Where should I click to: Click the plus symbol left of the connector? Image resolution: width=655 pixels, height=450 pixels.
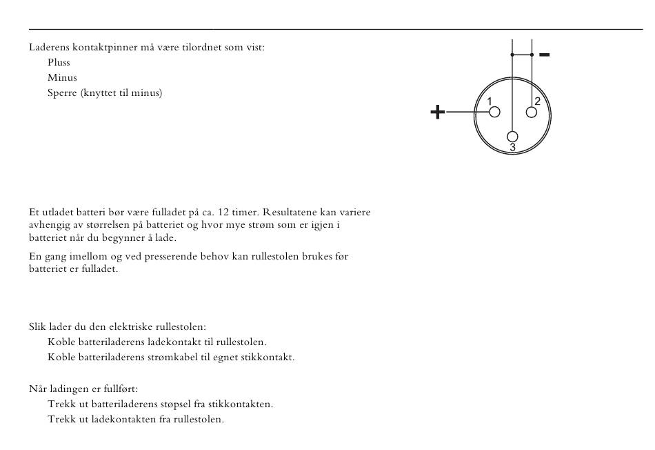437,112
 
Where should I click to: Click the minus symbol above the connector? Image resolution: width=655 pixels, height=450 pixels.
544,55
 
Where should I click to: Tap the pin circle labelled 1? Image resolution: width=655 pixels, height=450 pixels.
494,112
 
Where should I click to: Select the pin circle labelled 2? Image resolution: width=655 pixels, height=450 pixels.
532,112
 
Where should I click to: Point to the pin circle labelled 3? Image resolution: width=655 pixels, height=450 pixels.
512,137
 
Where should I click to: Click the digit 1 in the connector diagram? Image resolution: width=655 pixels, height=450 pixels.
490,101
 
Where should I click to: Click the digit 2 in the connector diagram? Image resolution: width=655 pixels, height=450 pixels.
538,101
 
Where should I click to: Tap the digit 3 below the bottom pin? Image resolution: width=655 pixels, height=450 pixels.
512,148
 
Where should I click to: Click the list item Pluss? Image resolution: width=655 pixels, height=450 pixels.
59,63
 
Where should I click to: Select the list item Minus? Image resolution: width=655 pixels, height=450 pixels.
62,78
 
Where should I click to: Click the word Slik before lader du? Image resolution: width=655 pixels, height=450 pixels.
37,326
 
